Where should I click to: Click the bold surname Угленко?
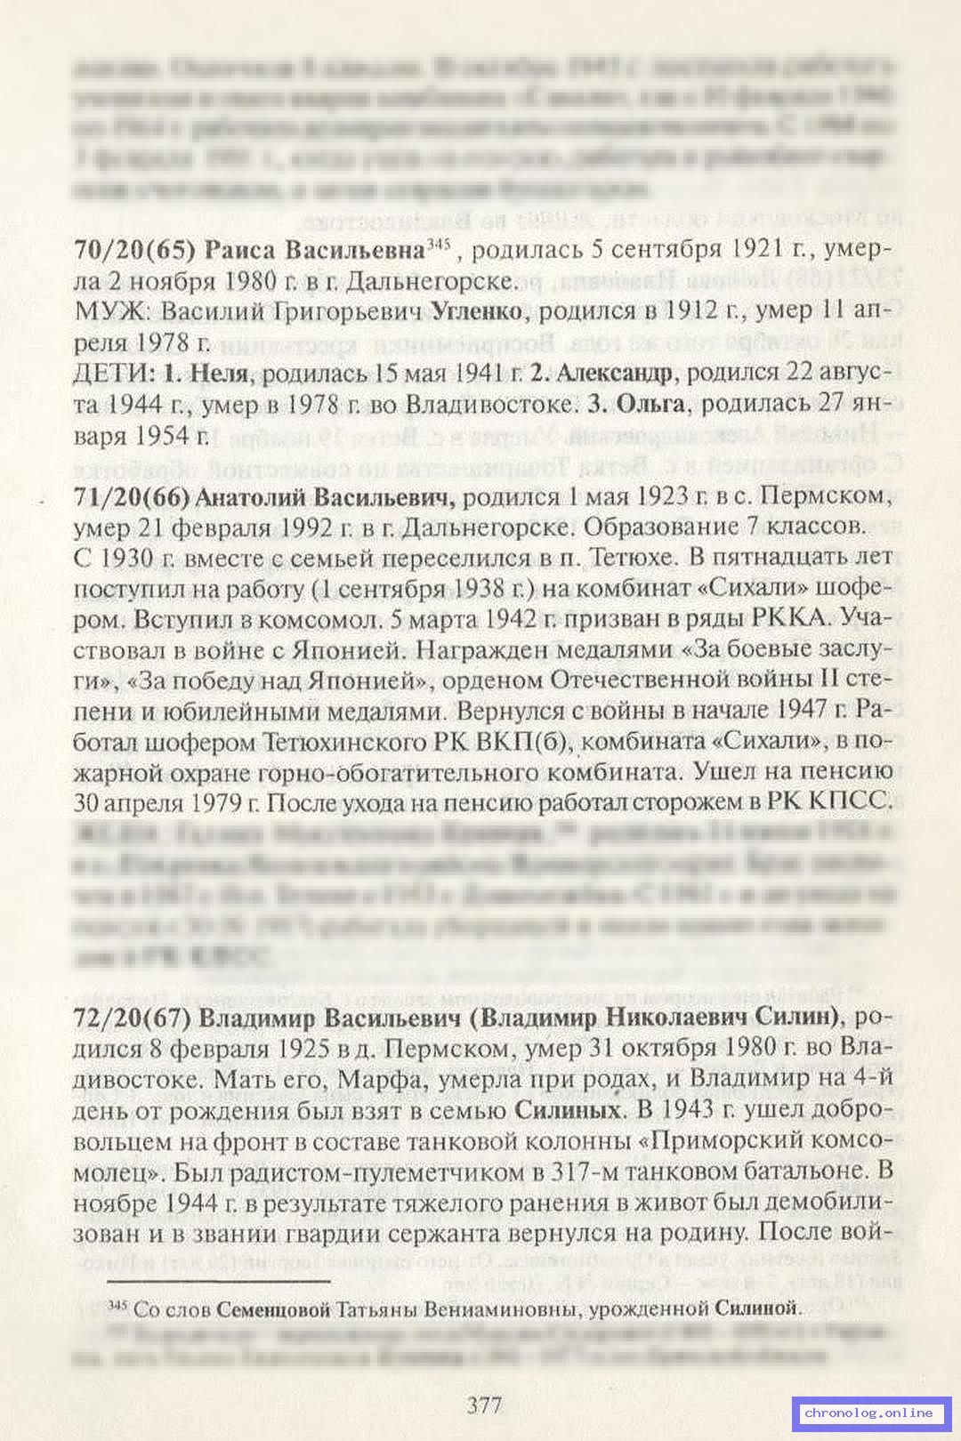pos(480,311)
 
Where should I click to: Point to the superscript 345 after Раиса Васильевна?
pos(439,243)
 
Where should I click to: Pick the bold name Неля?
pos(219,374)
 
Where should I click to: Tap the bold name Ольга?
pos(650,404)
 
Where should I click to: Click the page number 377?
pos(484,1405)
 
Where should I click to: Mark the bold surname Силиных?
pos(568,1110)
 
